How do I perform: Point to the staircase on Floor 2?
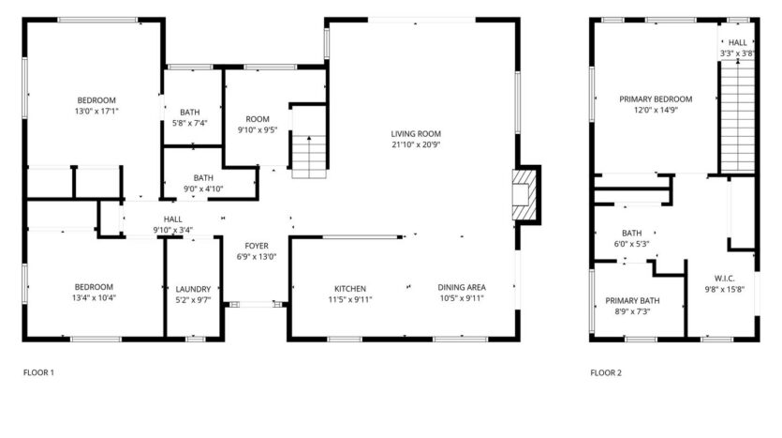tap(737, 116)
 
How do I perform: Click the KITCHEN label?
tap(350, 288)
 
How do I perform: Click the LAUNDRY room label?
tap(194, 289)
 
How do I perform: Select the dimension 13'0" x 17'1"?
tap(96, 112)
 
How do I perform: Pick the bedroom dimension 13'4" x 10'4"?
tap(94, 298)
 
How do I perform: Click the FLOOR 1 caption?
tap(38, 372)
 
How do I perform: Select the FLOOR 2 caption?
tap(606, 372)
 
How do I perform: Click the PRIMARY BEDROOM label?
tap(655, 98)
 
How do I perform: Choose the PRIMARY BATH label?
tap(632, 301)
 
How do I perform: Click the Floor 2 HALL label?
tap(738, 42)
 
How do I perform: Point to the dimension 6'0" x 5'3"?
tap(631, 244)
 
